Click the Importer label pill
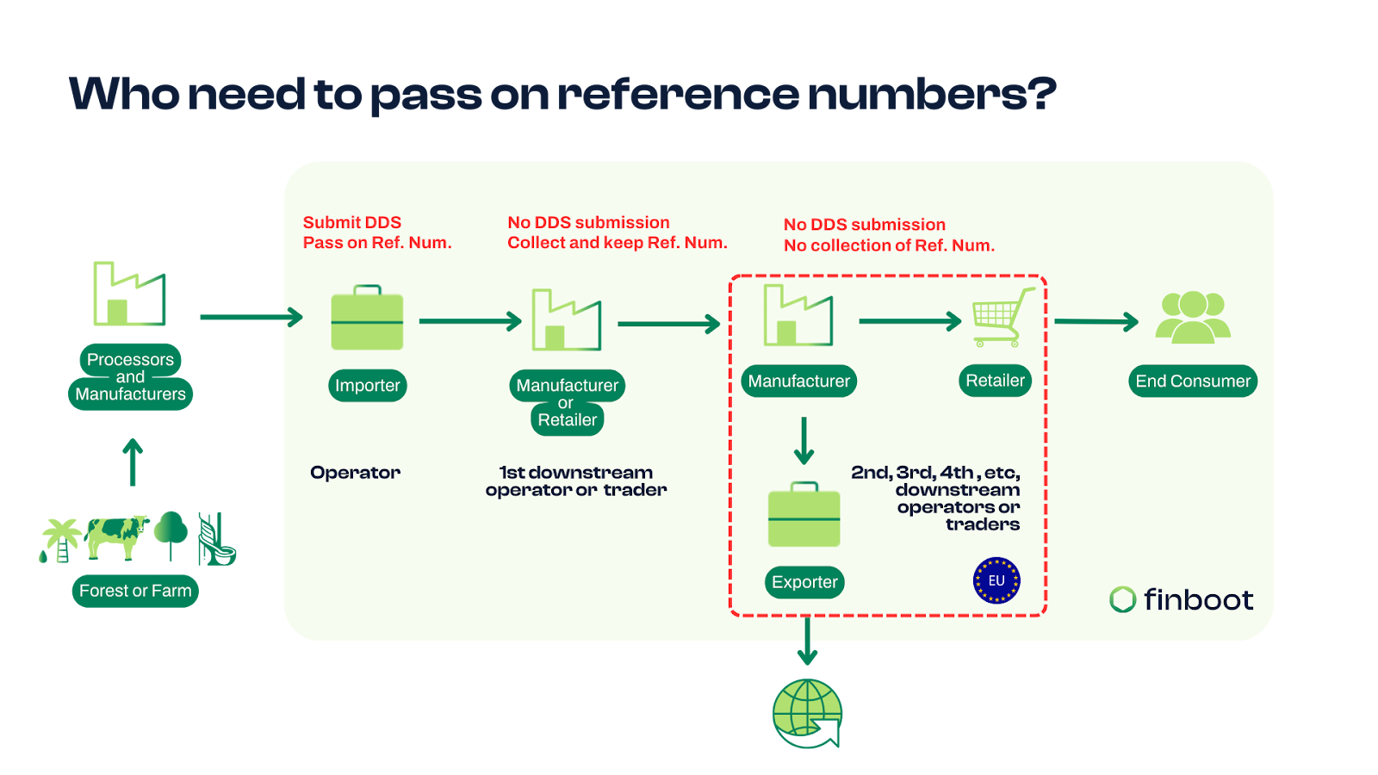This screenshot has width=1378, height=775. [x=367, y=386]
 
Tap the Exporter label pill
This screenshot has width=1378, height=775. [x=804, y=582]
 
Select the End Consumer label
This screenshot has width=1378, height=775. [x=1193, y=381]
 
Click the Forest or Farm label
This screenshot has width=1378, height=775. [x=135, y=591]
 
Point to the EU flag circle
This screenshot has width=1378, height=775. [x=996, y=580]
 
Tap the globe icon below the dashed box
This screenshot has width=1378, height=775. [x=807, y=714]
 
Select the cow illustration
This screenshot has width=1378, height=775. [x=117, y=537]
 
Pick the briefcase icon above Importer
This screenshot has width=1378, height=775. [x=367, y=318]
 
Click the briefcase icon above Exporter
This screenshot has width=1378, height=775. [x=804, y=514]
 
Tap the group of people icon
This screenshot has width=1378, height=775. [x=1193, y=318]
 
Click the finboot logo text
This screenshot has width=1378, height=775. [x=1198, y=599]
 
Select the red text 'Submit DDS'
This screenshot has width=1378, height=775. [x=352, y=223]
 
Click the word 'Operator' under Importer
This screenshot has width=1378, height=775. [x=355, y=473]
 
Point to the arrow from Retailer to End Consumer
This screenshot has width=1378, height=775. [x=1096, y=322]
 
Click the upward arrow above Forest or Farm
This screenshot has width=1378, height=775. [x=133, y=462]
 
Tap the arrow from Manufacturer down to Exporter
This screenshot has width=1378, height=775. [x=804, y=441]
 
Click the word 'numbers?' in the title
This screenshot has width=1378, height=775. [x=932, y=94]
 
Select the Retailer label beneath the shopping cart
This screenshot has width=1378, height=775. [x=995, y=381]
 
